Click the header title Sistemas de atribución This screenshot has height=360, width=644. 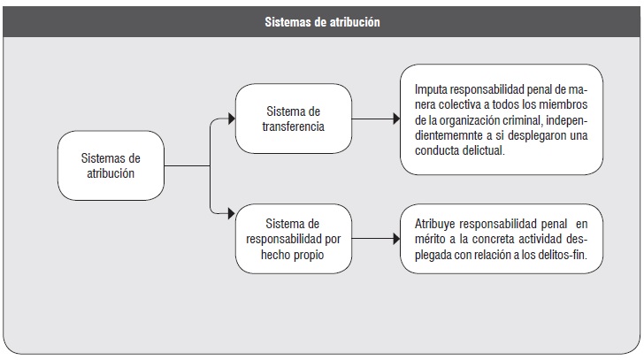pyautogui.click(x=322, y=22)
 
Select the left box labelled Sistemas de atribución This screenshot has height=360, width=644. pyautogui.click(x=111, y=165)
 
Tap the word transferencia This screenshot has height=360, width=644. pyautogui.click(x=294, y=126)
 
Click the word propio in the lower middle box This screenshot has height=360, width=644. pyautogui.click(x=309, y=255)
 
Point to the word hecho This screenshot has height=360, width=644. pyautogui.click(x=275, y=255)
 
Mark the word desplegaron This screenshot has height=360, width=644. pyautogui.click(x=534, y=136)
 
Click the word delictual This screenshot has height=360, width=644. pyautogui.click(x=483, y=150)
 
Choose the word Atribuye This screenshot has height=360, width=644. pyautogui.click(x=435, y=224)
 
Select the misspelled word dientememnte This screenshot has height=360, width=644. pyautogui.click(x=448, y=136)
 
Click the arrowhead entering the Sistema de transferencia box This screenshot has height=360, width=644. pyautogui.click(x=232, y=119)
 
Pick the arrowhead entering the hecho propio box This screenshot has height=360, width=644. pyautogui.click(x=232, y=213)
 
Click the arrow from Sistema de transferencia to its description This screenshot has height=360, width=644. pyautogui.click(x=376, y=119)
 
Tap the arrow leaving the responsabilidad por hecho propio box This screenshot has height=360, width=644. pyautogui.click(x=376, y=239)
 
